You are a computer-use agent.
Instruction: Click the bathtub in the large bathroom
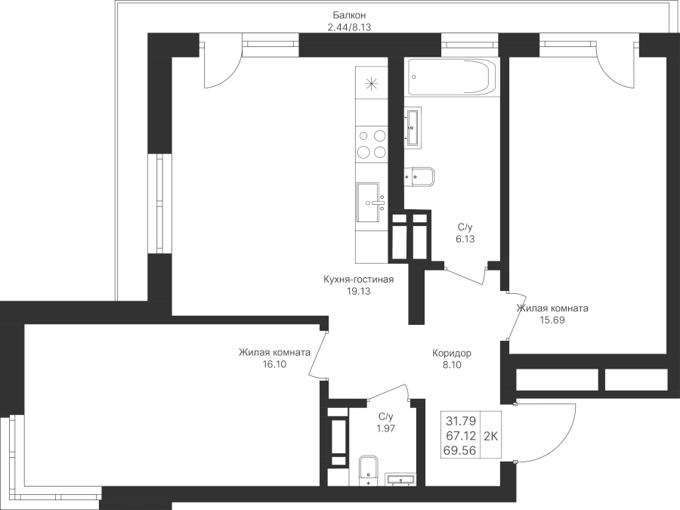pyautogui.click(x=450, y=76)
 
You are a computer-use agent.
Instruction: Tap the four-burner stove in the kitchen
pyautogui.click(x=371, y=144)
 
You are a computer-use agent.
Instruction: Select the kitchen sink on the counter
pyautogui.click(x=371, y=202)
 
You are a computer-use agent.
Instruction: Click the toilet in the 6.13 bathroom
pyautogui.click(x=420, y=177)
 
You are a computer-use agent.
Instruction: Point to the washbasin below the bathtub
pyautogui.click(x=413, y=128)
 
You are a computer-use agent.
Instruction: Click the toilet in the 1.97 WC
pyautogui.click(x=369, y=471)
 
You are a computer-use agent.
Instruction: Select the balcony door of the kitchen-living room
pyautogui.click(x=221, y=65)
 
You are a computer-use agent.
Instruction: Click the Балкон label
pyautogui.click(x=350, y=16)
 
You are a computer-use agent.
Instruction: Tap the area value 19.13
pyautogui.click(x=359, y=292)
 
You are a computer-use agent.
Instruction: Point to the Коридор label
pyautogui.click(x=452, y=353)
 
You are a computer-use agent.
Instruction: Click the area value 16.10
pyautogui.click(x=274, y=364)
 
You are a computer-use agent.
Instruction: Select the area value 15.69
pyautogui.click(x=552, y=320)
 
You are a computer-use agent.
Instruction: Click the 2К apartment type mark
pyautogui.click(x=490, y=436)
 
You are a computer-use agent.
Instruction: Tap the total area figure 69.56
pyautogui.click(x=459, y=451)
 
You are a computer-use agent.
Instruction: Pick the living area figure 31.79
pyautogui.click(x=461, y=421)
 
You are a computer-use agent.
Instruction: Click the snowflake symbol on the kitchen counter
pyautogui.click(x=371, y=83)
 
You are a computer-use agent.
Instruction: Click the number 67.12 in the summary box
pyautogui.click(x=461, y=435)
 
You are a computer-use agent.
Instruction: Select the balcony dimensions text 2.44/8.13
pyautogui.click(x=350, y=27)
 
